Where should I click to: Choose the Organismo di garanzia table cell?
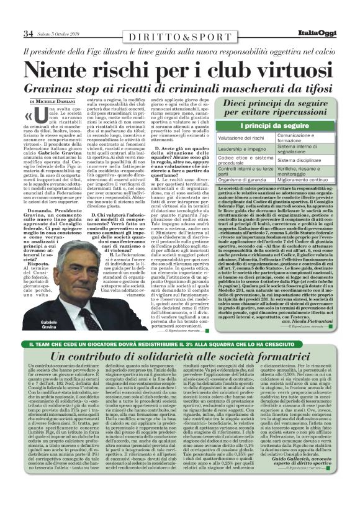[x=244, y=179]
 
